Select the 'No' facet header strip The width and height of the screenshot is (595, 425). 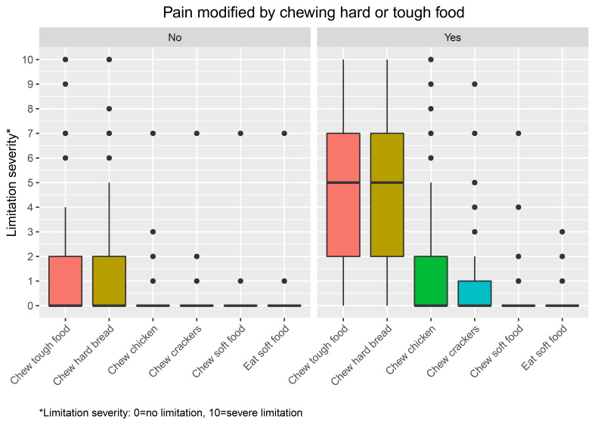[x=175, y=36]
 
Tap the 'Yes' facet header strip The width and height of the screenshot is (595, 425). [x=452, y=36]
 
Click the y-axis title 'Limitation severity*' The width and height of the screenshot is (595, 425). [x=14, y=181]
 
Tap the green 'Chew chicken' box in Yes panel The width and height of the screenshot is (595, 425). [x=431, y=281]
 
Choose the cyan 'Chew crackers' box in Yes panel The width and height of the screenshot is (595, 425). [x=475, y=293]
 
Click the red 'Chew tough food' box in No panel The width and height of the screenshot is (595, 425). [x=66, y=281]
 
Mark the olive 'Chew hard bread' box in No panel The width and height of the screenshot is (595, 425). [x=109, y=281]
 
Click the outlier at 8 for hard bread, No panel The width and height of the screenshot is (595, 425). [x=109, y=109]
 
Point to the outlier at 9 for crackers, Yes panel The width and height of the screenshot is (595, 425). [x=475, y=84]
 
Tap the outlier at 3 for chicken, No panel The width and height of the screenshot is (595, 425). [x=153, y=231]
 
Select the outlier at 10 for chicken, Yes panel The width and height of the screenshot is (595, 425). [x=431, y=60]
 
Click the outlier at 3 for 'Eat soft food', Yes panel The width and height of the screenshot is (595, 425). [x=562, y=231]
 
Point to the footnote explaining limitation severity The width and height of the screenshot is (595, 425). [x=171, y=413]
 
